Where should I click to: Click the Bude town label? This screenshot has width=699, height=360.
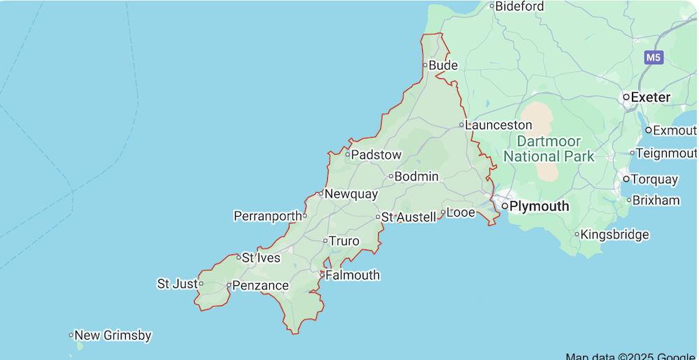[x=443, y=66]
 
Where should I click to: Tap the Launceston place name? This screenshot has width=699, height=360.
[x=498, y=125]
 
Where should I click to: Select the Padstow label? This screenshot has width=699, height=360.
[x=376, y=155]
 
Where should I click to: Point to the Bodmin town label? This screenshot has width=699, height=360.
[x=417, y=177]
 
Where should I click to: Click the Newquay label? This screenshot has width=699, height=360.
[x=351, y=194]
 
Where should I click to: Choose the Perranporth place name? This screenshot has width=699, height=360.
[x=267, y=216]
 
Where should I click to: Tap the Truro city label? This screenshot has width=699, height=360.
[x=344, y=242]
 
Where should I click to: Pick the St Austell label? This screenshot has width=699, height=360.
[x=408, y=217]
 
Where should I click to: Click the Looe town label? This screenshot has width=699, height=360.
[x=461, y=213]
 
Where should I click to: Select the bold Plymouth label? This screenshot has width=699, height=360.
[x=540, y=206]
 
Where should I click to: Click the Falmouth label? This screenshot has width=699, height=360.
[x=352, y=275]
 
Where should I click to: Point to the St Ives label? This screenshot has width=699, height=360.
[x=261, y=258]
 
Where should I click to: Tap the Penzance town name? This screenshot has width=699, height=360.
[x=260, y=285]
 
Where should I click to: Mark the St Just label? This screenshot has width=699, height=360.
[x=178, y=284]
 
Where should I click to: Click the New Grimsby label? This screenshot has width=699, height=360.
[x=113, y=336]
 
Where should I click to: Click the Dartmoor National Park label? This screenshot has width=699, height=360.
[x=549, y=149]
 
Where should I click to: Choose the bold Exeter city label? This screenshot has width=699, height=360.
[x=651, y=97]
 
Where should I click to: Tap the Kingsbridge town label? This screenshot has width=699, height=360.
[x=614, y=235]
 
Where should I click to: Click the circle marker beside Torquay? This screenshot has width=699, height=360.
[x=626, y=179]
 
